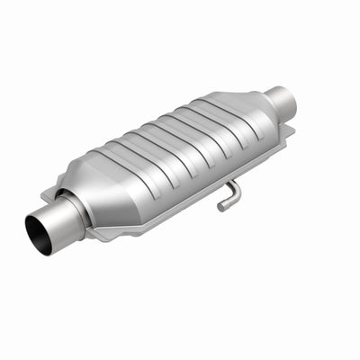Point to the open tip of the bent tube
(221, 208)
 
